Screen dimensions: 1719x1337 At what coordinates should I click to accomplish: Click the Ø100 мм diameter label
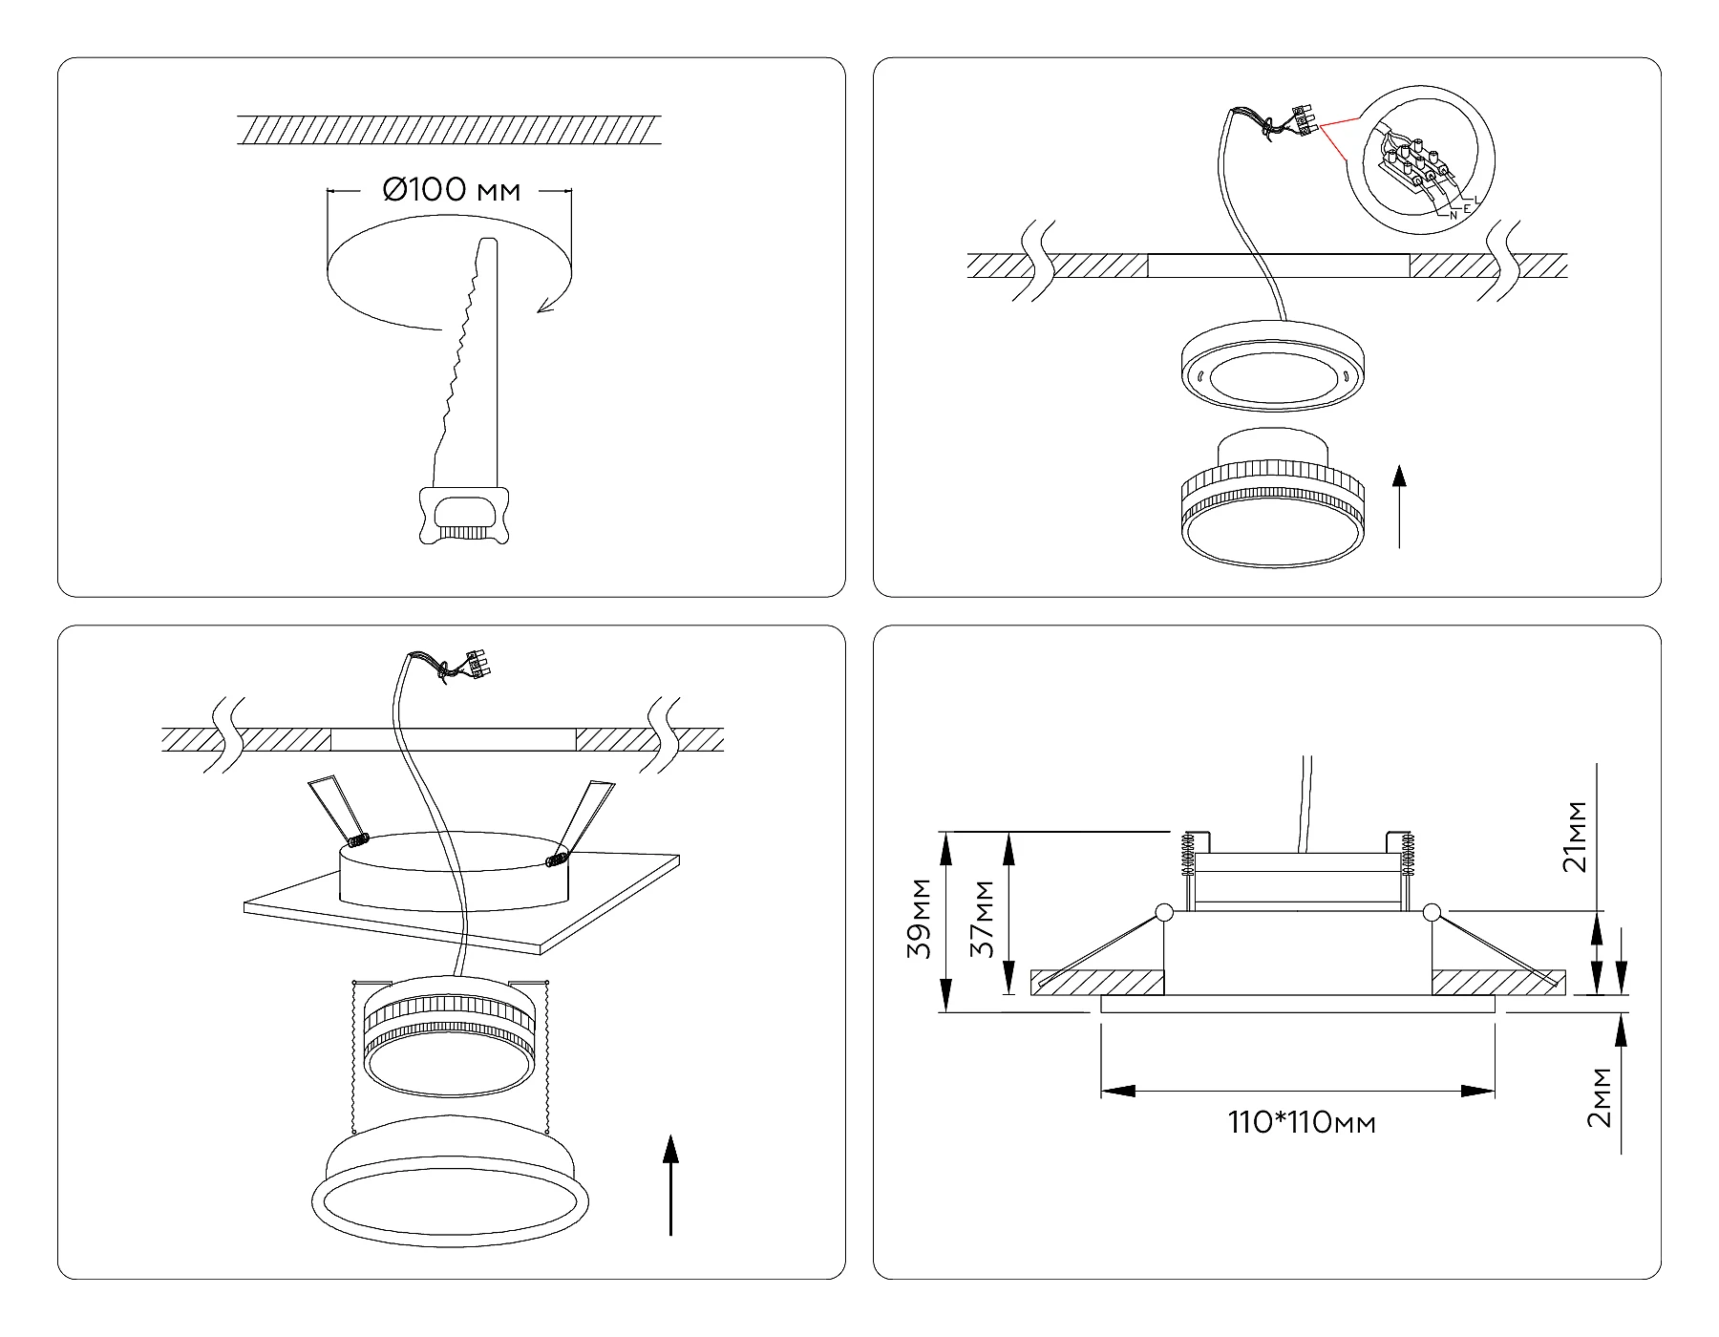click(452, 190)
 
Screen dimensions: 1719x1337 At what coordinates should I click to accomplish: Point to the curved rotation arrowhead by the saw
click(545, 305)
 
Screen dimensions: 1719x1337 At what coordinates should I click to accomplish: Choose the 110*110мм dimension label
click(1302, 1122)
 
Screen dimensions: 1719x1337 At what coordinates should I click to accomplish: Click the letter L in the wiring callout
click(1476, 199)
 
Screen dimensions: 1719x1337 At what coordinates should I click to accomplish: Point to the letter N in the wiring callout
click(1453, 216)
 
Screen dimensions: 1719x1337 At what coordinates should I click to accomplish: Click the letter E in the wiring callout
click(1466, 207)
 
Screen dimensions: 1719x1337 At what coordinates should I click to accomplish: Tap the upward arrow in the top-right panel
click(1399, 506)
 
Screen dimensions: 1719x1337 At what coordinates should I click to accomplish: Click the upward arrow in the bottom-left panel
click(671, 1184)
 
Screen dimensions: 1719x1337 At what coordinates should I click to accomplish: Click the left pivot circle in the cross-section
click(1164, 912)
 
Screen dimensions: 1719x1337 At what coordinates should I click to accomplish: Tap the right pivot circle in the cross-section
click(1430, 912)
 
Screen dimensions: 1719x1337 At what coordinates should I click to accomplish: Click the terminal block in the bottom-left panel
click(475, 665)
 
